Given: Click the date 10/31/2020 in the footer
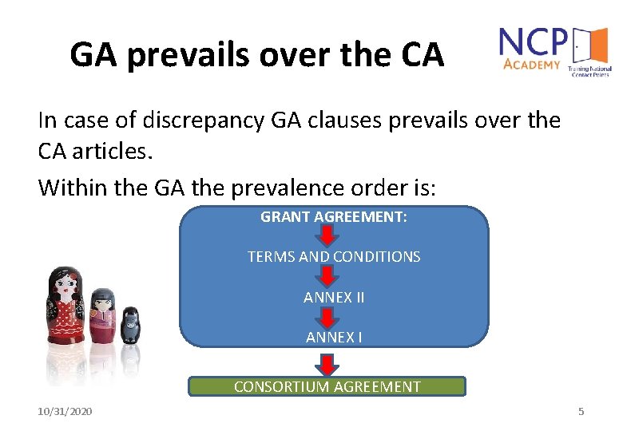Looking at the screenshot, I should coord(65,411).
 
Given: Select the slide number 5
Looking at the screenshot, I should coord(581,411).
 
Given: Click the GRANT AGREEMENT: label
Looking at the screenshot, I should coord(334,216).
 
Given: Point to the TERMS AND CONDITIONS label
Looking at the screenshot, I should coord(334,257).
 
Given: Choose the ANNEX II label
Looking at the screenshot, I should coord(334,297).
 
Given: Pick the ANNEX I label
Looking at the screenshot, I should coord(334,337).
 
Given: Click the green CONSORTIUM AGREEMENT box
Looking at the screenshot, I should coord(327,387).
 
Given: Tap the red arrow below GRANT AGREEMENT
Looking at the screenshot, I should coord(327,236).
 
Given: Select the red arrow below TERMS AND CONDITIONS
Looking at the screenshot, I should coord(327,277).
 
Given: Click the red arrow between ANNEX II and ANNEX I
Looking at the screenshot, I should coord(327,318).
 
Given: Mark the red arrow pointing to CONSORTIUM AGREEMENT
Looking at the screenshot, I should coord(327,364).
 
